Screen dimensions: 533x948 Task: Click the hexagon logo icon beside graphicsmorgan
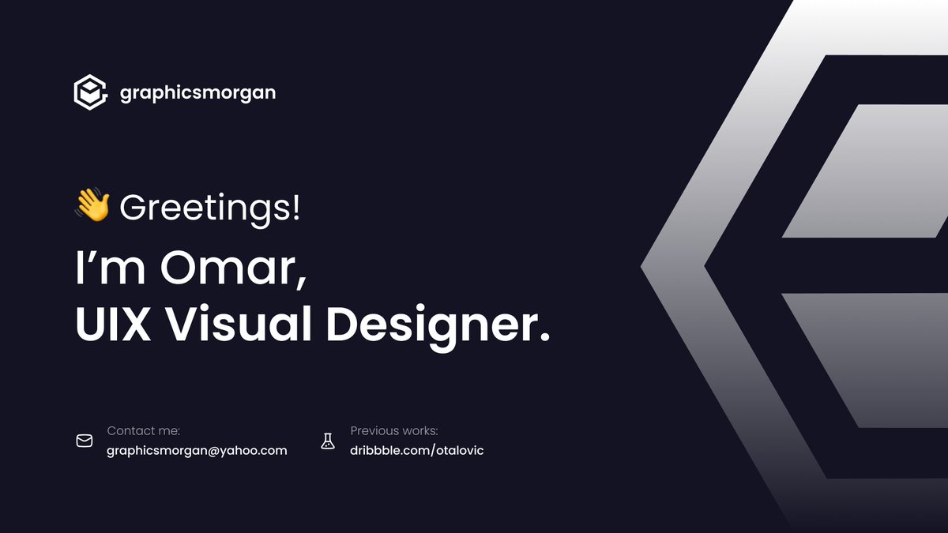tap(90, 92)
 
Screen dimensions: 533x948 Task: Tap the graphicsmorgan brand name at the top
tap(197, 93)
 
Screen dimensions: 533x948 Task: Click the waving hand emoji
tap(92, 206)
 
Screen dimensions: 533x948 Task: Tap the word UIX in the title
tap(113, 325)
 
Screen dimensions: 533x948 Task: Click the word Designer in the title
tap(427, 325)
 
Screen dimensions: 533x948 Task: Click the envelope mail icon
tap(85, 441)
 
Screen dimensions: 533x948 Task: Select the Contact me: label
tap(143, 431)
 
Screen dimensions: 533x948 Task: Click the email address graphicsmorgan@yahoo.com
tap(197, 451)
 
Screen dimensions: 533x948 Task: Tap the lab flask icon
tap(328, 441)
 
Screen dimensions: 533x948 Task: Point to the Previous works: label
tap(393, 431)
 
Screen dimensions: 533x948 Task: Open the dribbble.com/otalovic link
tap(416, 451)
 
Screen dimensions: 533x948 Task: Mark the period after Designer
tap(543, 337)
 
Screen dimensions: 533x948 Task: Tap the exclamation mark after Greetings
tap(295, 208)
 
